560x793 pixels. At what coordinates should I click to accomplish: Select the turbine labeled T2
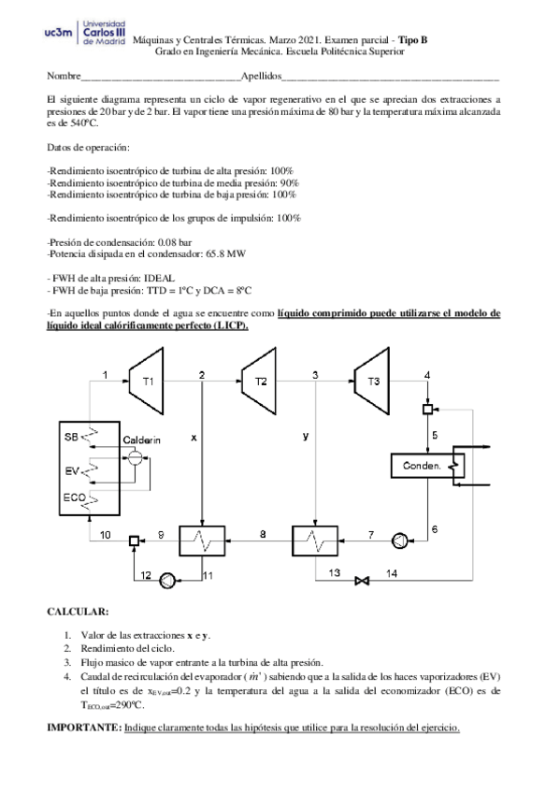coord(261,382)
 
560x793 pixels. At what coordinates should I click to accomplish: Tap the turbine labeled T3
coord(372,381)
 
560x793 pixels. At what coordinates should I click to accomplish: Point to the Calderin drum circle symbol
coord(135,458)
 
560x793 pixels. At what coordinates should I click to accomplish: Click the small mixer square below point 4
coord(428,409)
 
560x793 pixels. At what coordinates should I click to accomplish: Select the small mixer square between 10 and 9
coord(134,540)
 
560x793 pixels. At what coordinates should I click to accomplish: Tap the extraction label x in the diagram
coord(194,437)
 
